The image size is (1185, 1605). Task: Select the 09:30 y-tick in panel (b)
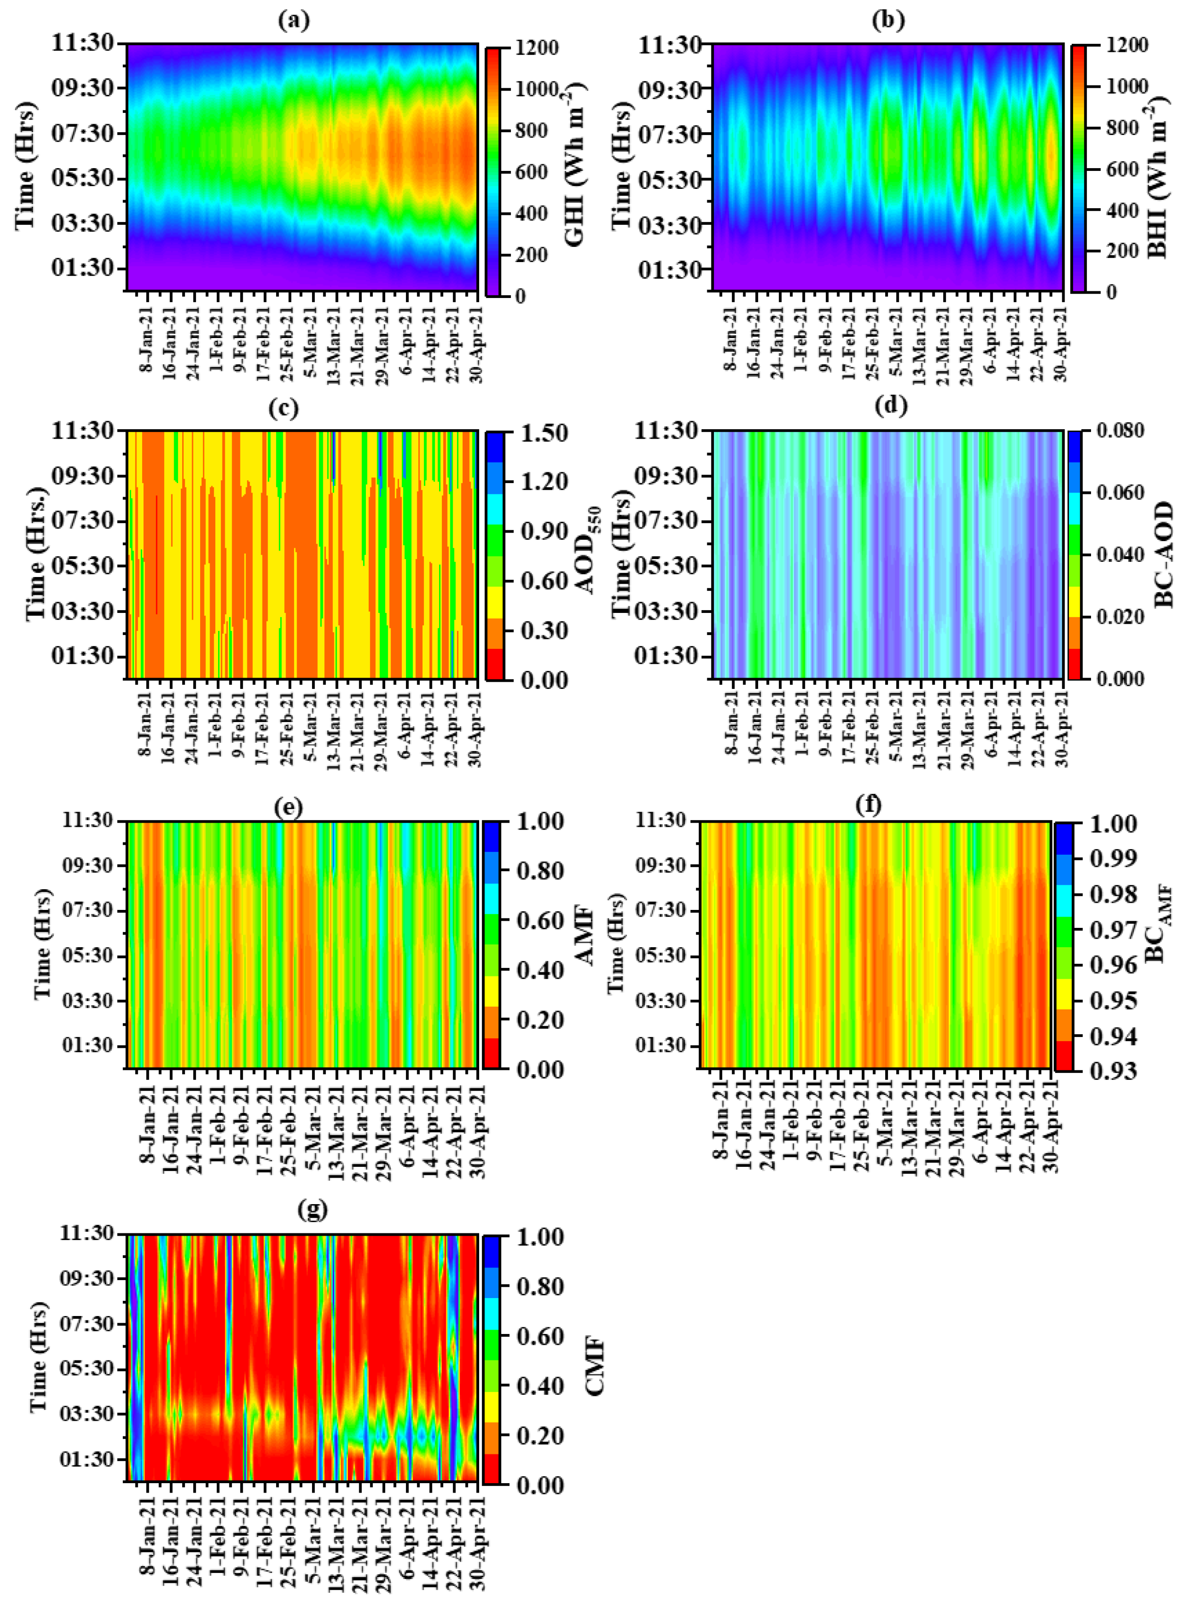(x=672, y=90)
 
